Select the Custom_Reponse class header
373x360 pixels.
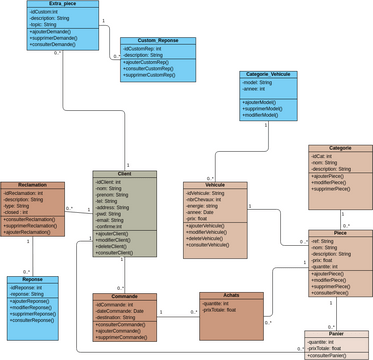point(158,40)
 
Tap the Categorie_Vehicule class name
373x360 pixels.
point(267,74)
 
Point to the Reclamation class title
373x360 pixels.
point(32,185)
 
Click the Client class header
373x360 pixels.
point(125,174)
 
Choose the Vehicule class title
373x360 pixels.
point(215,185)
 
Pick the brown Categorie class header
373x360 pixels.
point(340,148)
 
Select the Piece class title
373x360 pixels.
point(340,233)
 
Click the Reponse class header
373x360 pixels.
point(32,280)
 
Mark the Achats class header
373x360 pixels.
point(231,296)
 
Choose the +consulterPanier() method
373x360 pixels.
point(326,355)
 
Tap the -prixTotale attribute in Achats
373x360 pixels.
point(219,310)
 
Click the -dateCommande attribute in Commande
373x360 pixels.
point(120,311)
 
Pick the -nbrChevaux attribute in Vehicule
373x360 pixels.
point(206,200)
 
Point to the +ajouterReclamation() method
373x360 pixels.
point(29,233)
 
